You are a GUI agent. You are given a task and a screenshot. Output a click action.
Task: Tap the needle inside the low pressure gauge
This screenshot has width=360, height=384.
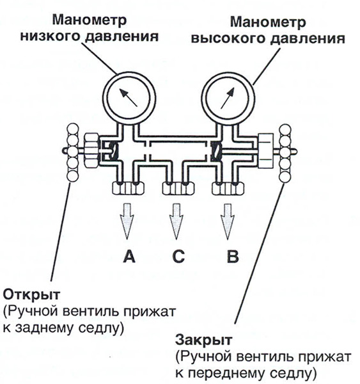pos(129,97)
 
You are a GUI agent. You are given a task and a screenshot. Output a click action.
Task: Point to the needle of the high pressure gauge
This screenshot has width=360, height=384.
pos(228,98)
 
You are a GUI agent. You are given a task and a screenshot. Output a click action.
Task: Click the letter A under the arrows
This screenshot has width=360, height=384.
pos(129,257)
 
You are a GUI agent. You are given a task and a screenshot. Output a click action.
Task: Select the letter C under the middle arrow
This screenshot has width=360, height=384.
pos(178,257)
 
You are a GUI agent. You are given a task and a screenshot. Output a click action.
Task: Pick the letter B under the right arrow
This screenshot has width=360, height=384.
pos(233,257)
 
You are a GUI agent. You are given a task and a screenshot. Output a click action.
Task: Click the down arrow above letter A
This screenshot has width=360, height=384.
pos(127,221)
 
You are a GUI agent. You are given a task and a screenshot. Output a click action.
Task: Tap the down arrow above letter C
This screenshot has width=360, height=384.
pos(176,221)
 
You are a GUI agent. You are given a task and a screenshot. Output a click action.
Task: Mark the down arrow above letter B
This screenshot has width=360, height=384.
pos(228,221)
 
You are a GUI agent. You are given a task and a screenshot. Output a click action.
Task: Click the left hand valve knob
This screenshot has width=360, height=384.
pos(73,152)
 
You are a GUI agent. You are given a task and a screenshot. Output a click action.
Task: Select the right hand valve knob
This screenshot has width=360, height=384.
pos(285,153)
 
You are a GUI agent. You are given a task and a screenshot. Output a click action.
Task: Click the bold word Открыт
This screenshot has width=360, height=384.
pos(31,294)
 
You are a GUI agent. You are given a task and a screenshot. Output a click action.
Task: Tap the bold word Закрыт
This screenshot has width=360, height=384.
pos(203,340)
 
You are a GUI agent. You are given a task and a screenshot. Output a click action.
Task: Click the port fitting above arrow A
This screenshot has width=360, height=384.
pos(129,188)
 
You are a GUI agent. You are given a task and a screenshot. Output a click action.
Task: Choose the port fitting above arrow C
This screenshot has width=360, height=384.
pos(178,188)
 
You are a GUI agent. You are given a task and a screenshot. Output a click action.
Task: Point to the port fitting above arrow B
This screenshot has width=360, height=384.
pos(228,188)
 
